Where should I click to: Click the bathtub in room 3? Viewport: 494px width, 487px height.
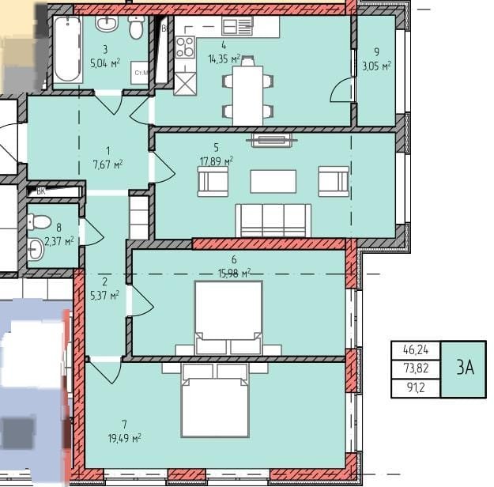coord(67,50)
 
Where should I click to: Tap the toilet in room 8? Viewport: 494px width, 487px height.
coord(40,221)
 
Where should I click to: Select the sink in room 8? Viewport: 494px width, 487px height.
coord(36,249)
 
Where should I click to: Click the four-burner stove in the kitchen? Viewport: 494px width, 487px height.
coord(185,47)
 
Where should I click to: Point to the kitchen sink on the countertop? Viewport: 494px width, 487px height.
coord(238,25)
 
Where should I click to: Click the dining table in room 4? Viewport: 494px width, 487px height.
coord(247,96)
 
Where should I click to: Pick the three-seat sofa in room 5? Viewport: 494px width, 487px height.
coord(273,221)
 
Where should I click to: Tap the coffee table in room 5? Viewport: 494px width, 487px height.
coord(273,181)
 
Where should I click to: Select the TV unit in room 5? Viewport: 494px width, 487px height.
coord(271,140)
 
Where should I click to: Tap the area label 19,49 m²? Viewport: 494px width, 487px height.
coord(124,438)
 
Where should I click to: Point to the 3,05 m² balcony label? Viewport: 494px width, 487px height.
coord(377,66)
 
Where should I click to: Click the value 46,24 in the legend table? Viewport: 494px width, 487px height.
coord(416,349)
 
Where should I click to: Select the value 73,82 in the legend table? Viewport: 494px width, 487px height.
coord(416,368)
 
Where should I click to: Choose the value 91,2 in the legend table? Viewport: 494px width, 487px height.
coord(416,387)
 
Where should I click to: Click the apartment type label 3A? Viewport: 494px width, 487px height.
coord(466,367)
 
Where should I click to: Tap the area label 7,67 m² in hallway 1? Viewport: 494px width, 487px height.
coord(107,164)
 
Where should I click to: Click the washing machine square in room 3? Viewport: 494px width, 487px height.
coord(140,73)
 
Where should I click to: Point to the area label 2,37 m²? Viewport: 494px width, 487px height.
coord(59,242)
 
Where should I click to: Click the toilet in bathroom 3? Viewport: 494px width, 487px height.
coord(136,27)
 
